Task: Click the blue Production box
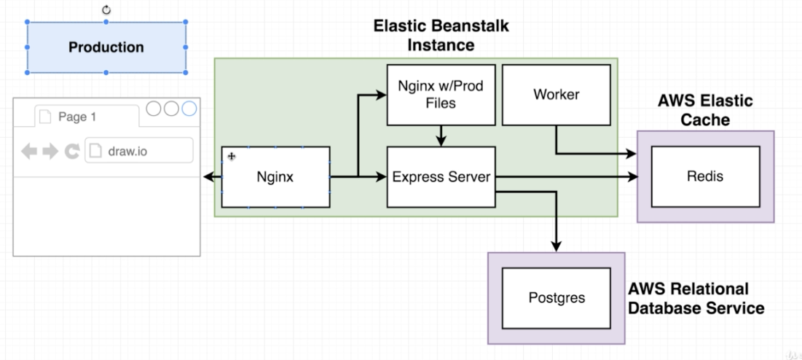point(106,47)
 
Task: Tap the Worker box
point(556,95)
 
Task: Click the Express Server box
point(441,177)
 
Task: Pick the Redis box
point(705,176)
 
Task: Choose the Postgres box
point(556,298)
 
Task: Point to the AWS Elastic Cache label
point(704,110)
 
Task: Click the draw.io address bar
point(139,151)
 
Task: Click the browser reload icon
point(72,152)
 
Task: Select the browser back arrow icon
point(29,152)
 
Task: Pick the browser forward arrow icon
point(50,152)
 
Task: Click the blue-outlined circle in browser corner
point(189,109)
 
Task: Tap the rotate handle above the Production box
point(106,9)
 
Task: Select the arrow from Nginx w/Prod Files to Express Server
point(441,136)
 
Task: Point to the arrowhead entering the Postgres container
point(556,247)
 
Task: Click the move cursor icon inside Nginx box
point(232,157)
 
